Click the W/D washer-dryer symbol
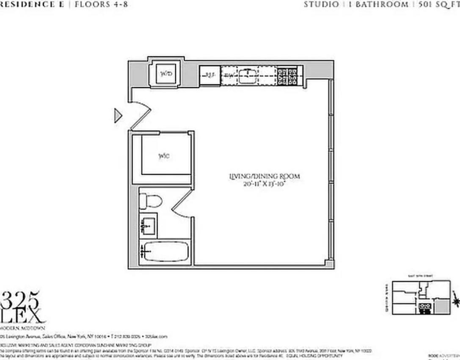click(165, 74)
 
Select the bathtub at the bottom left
click(165, 252)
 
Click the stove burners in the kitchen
click(290, 76)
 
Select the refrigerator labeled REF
click(210, 76)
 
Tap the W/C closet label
click(164, 156)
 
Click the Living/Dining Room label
click(264, 176)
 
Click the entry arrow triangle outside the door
click(118, 115)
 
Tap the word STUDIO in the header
click(321, 5)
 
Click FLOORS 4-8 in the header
click(101, 5)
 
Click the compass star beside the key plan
click(456, 301)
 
